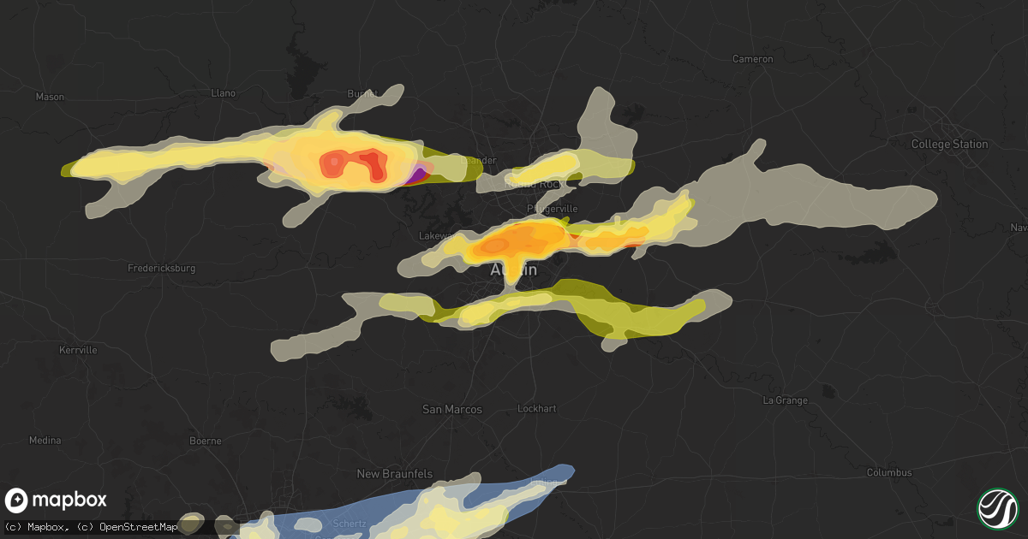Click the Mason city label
coord(50,97)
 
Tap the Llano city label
coord(223,92)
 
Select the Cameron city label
coord(753,59)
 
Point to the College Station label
coord(949,144)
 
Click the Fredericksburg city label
coord(161,268)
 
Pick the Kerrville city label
coord(78,350)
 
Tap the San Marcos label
coord(452,409)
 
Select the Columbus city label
coord(888,472)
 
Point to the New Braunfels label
coord(395,473)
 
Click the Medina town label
coord(45,440)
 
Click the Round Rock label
coord(531,182)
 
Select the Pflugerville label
coord(552,208)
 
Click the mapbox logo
coord(57,500)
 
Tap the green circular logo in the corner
coord(997,507)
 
